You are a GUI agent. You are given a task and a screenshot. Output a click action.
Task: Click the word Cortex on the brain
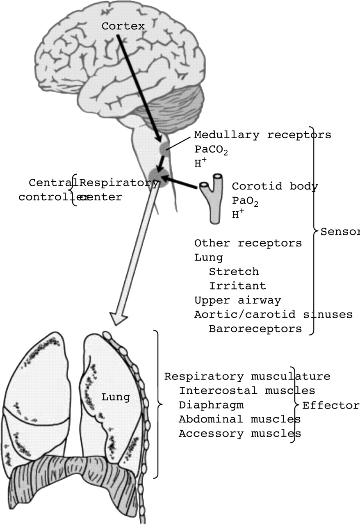pos(123,26)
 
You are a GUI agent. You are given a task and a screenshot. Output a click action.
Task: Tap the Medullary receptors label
pos(262,135)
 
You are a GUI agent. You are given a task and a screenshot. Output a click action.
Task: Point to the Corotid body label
pos(275,187)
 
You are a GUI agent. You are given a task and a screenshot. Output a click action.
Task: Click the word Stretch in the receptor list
pos(233,272)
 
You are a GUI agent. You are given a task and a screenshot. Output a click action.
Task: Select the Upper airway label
pos(237,300)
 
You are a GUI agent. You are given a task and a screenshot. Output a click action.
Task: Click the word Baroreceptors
pos(255,329)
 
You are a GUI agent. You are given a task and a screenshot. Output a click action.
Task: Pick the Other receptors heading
pos(248,243)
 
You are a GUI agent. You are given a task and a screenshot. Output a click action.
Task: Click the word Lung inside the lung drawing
pos(116,397)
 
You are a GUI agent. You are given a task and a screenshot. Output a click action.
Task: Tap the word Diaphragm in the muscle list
pos(211,405)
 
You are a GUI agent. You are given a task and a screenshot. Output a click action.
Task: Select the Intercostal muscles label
pos(247,391)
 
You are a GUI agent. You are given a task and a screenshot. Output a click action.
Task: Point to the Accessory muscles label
pos(239,434)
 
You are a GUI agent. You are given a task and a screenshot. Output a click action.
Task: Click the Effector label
pos(330,406)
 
